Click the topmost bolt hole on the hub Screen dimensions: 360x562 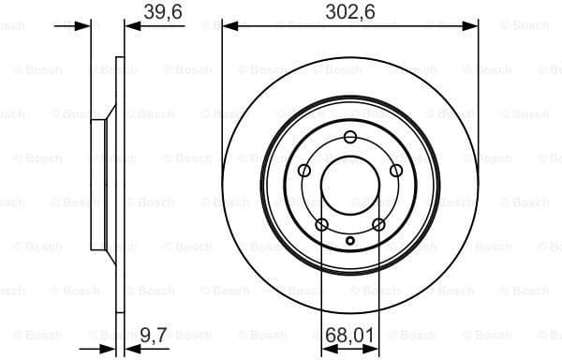350,138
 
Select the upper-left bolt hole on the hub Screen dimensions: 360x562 304,171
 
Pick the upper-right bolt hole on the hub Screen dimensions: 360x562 395,170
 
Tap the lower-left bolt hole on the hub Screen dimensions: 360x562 322,224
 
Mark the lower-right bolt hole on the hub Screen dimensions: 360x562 378,224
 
